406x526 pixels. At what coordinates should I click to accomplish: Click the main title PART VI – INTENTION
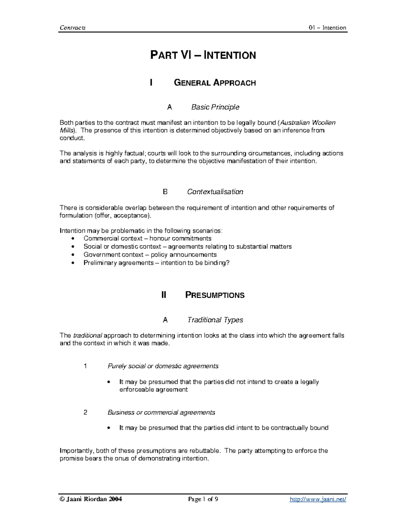click(x=203, y=55)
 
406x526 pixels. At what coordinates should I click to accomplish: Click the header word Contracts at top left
click(x=72, y=28)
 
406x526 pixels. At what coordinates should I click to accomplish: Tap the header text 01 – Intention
click(x=327, y=28)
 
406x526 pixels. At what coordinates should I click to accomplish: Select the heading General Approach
click(x=215, y=83)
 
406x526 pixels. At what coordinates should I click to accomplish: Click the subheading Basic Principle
click(x=215, y=107)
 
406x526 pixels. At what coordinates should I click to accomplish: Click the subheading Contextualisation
click(x=215, y=192)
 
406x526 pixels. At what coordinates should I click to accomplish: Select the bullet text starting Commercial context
click(x=147, y=238)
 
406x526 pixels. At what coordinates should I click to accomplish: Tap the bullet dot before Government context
click(x=73, y=255)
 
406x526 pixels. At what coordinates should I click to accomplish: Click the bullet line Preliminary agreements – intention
click(x=156, y=263)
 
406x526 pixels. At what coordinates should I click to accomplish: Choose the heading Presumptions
click(x=215, y=295)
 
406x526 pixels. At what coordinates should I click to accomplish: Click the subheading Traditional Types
click(x=215, y=320)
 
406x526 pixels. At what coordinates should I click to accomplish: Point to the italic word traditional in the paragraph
click(x=88, y=336)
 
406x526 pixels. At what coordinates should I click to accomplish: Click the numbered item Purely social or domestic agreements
click(x=163, y=366)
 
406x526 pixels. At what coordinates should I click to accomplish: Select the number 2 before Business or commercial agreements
click(x=85, y=413)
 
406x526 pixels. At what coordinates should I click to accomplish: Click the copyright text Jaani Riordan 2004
click(x=91, y=499)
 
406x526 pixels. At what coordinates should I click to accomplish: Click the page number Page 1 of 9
click(x=203, y=499)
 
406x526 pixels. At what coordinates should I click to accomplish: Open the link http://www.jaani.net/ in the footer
click(x=318, y=499)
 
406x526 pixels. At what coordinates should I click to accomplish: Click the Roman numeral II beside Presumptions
click(x=164, y=295)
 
